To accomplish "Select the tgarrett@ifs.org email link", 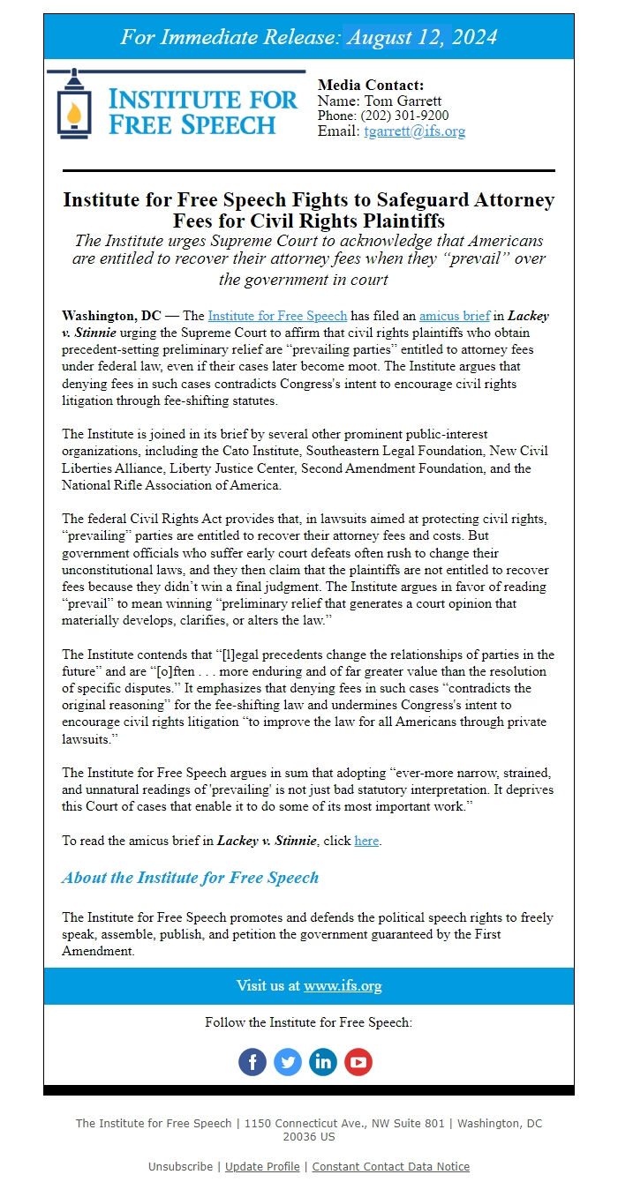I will [x=414, y=131].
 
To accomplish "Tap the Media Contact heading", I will [x=371, y=86].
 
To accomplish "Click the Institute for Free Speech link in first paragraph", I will [x=277, y=316].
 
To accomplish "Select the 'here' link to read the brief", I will [x=366, y=841].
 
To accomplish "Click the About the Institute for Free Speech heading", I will [x=190, y=878].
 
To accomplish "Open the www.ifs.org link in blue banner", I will [x=343, y=985].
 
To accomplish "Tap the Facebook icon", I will [x=252, y=1061].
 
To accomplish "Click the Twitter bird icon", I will [x=288, y=1061].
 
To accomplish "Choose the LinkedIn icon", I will [x=323, y=1061].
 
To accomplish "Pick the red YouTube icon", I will [x=358, y=1061].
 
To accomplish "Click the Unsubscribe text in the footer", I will [x=180, y=1166].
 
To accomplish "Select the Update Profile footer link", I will [x=262, y=1166].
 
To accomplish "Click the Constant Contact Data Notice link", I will [x=390, y=1166].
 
